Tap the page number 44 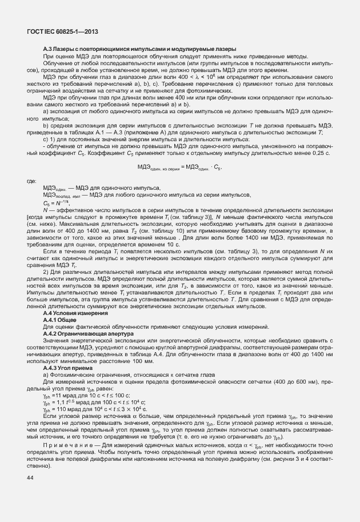click(x=30, y=493)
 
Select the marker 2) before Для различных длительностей click(x=46, y=272)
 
